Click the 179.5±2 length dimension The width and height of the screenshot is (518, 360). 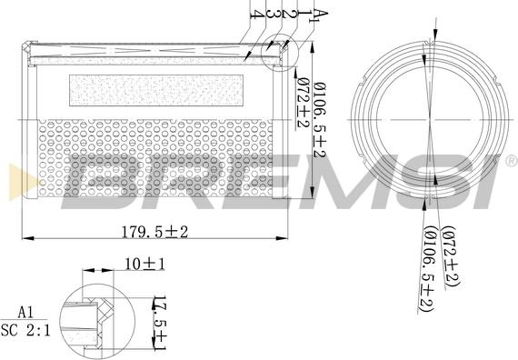point(154,232)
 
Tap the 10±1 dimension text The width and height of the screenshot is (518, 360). point(144,265)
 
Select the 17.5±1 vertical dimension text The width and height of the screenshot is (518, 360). point(160,323)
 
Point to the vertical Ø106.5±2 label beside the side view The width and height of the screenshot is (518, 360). point(320,120)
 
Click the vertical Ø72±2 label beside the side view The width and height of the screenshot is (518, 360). point(303,103)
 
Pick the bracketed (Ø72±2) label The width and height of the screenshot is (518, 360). point(452,256)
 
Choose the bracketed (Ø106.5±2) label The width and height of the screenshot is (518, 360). point(428,269)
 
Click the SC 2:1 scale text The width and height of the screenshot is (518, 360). point(25,330)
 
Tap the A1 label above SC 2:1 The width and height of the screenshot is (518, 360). point(25,312)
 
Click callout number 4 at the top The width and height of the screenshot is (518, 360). point(258,14)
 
